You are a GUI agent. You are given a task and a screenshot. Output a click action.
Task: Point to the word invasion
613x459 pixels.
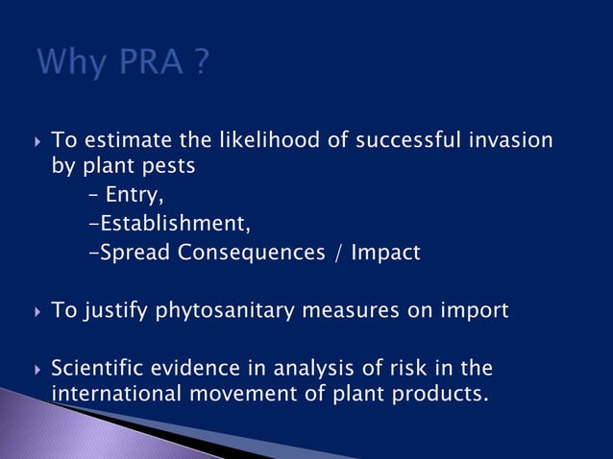[510, 140]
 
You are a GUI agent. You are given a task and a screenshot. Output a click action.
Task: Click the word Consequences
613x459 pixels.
[253, 254]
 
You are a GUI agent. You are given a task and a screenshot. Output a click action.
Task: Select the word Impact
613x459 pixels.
[384, 254]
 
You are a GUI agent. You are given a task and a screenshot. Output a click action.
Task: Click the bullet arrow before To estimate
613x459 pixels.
[37, 141]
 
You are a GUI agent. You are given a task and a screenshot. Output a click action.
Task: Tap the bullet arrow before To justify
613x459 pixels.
[37, 312]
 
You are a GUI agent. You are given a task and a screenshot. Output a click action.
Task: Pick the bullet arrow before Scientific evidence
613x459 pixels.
[37, 370]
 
